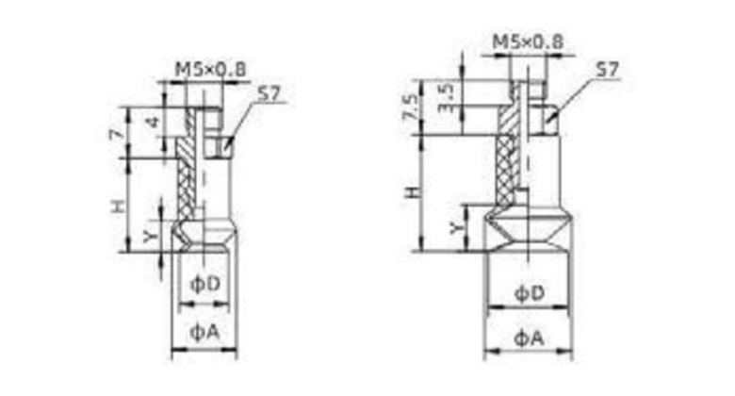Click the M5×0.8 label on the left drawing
[x=210, y=70]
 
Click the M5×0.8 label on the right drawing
[x=528, y=41]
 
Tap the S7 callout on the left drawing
[x=269, y=94]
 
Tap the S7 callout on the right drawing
[x=607, y=70]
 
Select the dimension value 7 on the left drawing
[x=118, y=134]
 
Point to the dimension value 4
[x=153, y=122]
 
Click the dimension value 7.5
[x=410, y=107]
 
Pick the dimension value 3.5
[x=446, y=98]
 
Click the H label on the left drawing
[x=119, y=206]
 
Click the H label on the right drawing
[x=413, y=192]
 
